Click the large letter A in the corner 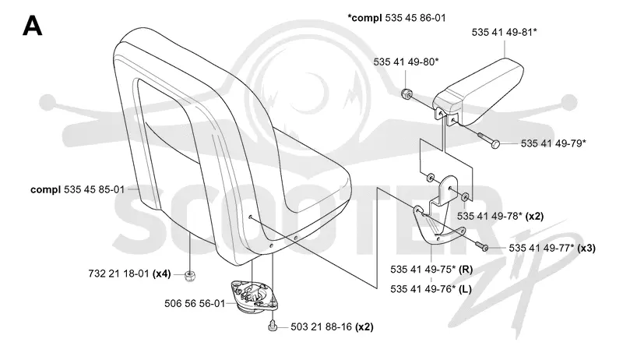(x=32, y=26)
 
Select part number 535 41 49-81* (x=504, y=32)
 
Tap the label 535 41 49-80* (x=406, y=62)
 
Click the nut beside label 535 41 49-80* (x=406, y=94)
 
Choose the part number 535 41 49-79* (x=553, y=143)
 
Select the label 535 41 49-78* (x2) (x=500, y=216)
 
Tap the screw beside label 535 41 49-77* (x=480, y=245)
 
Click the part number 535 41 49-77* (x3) (x=552, y=249)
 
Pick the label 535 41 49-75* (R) (x=431, y=270)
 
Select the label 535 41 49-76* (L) (x=431, y=289)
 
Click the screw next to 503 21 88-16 (x=272, y=325)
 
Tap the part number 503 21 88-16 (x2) (x=333, y=327)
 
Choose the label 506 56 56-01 (x=195, y=304)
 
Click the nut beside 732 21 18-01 (x=190, y=275)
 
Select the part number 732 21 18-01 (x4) (x=129, y=274)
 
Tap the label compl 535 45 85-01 (x=77, y=189)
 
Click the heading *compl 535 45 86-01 (x=396, y=18)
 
